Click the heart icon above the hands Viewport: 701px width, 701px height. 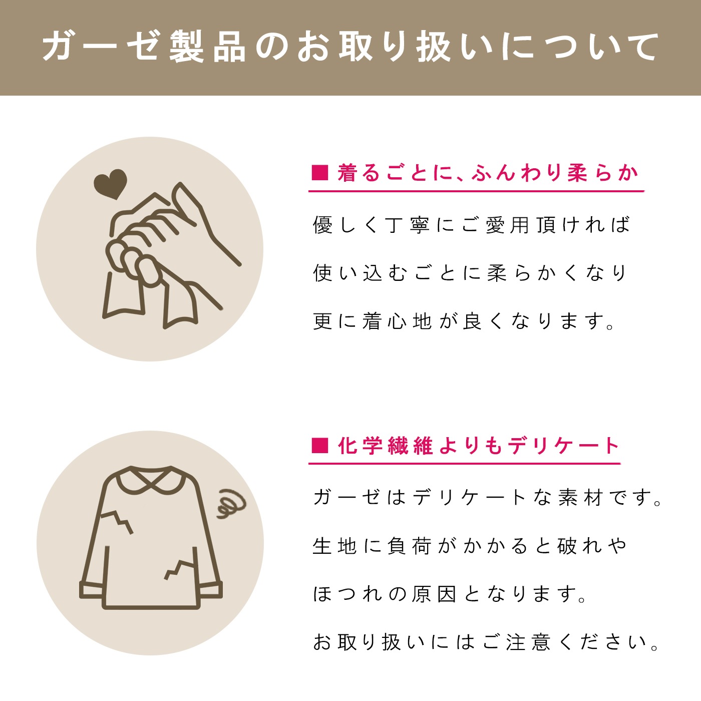[110, 184]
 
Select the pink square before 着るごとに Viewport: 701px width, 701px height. [320, 172]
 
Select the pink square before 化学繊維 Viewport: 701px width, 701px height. [320, 445]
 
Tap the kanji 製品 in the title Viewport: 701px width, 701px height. [207, 47]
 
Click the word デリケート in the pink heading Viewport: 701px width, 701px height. [564, 445]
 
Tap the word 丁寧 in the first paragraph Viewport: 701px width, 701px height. [407, 224]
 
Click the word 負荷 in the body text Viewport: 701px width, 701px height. [409, 546]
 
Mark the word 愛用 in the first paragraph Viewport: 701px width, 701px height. [507, 224]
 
